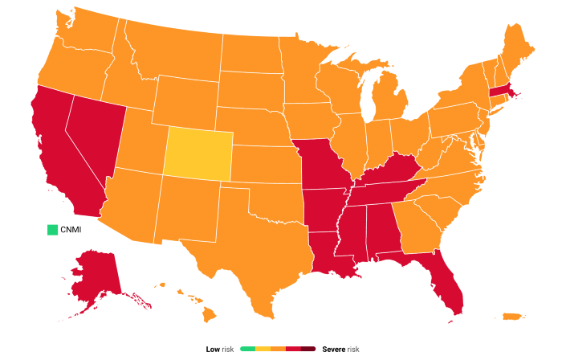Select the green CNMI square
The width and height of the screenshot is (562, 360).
[53, 230]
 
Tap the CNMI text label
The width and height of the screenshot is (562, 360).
[71, 230]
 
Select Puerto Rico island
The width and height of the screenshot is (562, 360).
[511, 316]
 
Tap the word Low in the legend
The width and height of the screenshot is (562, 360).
[213, 350]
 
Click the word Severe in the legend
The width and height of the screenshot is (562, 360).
[334, 350]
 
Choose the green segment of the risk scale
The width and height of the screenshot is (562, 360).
[247, 350]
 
